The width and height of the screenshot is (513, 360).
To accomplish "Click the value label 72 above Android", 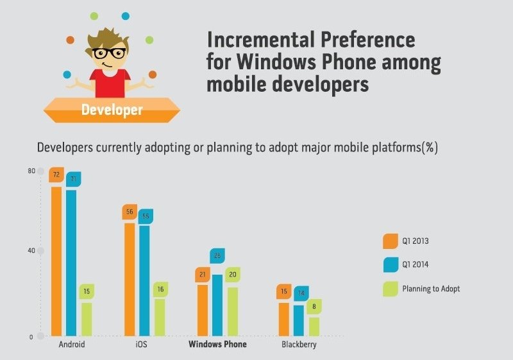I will [56, 175].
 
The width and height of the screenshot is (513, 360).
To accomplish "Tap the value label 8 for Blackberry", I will [314, 307].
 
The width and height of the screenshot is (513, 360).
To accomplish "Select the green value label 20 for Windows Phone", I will [233, 275].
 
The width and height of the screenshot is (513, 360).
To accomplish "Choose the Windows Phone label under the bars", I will [217, 345].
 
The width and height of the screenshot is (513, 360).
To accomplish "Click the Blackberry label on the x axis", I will [299, 345].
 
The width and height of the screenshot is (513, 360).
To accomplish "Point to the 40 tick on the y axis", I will [31, 250].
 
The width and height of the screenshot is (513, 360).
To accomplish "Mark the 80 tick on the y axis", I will [31, 171].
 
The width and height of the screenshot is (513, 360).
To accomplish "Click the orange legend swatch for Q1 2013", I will [390, 241].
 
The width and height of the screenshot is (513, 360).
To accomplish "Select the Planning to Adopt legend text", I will [431, 289].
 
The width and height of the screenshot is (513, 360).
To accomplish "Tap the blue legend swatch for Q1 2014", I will [390, 264].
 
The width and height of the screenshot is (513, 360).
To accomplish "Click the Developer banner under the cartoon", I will [112, 109].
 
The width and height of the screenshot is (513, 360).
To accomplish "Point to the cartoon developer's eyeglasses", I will [110, 53].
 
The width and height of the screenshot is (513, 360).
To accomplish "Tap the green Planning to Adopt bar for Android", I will [86, 319].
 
